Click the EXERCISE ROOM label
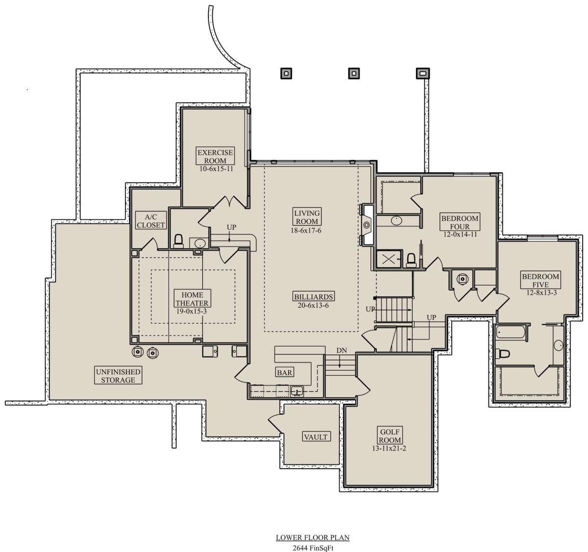click(x=215, y=156)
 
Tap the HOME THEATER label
click(x=192, y=299)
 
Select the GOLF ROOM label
click(x=390, y=436)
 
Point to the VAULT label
click(x=316, y=437)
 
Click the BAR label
click(x=285, y=372)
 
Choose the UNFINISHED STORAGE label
click(x=118, y=375)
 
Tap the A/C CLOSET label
click(x=151, y=220)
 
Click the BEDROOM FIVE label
click(x=540, y=280)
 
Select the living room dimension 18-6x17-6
click(x=306, y=230)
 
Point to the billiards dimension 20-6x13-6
click(x=313, y=305)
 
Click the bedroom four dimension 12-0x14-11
click(x=460, y=234)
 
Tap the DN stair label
click(x=342, y=350)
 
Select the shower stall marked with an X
click(x=389, y=259)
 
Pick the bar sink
click(x=297, y=391)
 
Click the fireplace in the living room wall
click(x=367, y=225)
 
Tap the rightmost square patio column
click(x=423, y=73)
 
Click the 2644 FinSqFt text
click(x=313, y=548)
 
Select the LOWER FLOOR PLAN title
click(x=313, y=537)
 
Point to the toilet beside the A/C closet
click(x=178, y=241)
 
